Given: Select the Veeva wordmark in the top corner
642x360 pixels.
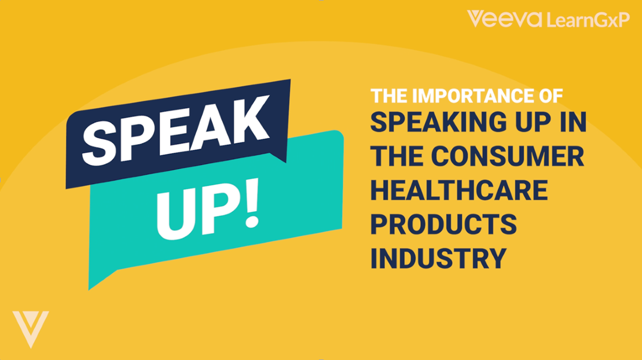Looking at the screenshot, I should point(504,19).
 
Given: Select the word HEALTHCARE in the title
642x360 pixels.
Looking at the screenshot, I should point(458,190).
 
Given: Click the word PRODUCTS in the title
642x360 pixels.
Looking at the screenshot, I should point(443,224).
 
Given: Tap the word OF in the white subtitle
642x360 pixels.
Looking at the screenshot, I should point(552,95).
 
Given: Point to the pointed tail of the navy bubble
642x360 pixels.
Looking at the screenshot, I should point(282,157).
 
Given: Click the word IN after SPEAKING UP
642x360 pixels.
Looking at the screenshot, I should point(573,123).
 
